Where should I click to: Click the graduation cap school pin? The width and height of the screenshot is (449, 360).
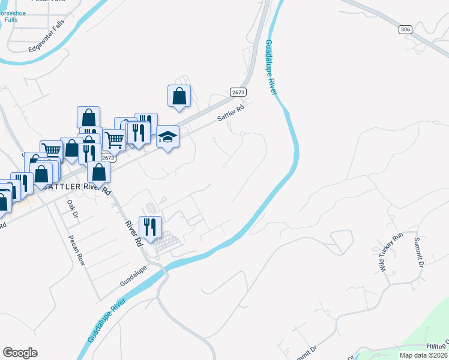click(168, 137)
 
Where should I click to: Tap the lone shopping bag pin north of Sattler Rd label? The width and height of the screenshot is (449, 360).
click(179, 97)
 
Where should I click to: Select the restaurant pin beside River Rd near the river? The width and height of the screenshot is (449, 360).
click(150, 227)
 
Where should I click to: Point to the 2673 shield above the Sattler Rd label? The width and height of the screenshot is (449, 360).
click(238, 92)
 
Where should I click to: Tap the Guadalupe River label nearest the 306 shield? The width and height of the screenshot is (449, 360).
click(271, 66)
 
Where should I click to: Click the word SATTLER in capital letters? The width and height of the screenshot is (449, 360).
click(62, 187)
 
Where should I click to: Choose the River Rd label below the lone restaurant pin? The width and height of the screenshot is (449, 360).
click(133, 234)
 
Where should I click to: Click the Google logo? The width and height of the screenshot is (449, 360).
click(20, 353)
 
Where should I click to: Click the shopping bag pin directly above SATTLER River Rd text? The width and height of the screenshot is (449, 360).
click(99, 172)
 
